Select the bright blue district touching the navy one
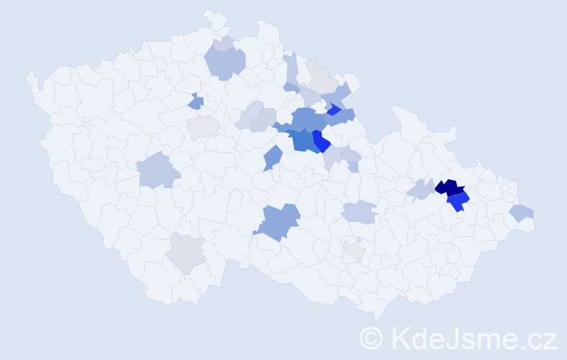point(458,202)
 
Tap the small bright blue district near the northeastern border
point(333,109)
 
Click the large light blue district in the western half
point(158,171)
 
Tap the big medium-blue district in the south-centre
point(277,221)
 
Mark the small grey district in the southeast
point(354,250)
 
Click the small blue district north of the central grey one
point(196,103)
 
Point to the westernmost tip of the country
point(29,72)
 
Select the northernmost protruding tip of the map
point(209,11)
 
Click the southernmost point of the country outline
point(376,321)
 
